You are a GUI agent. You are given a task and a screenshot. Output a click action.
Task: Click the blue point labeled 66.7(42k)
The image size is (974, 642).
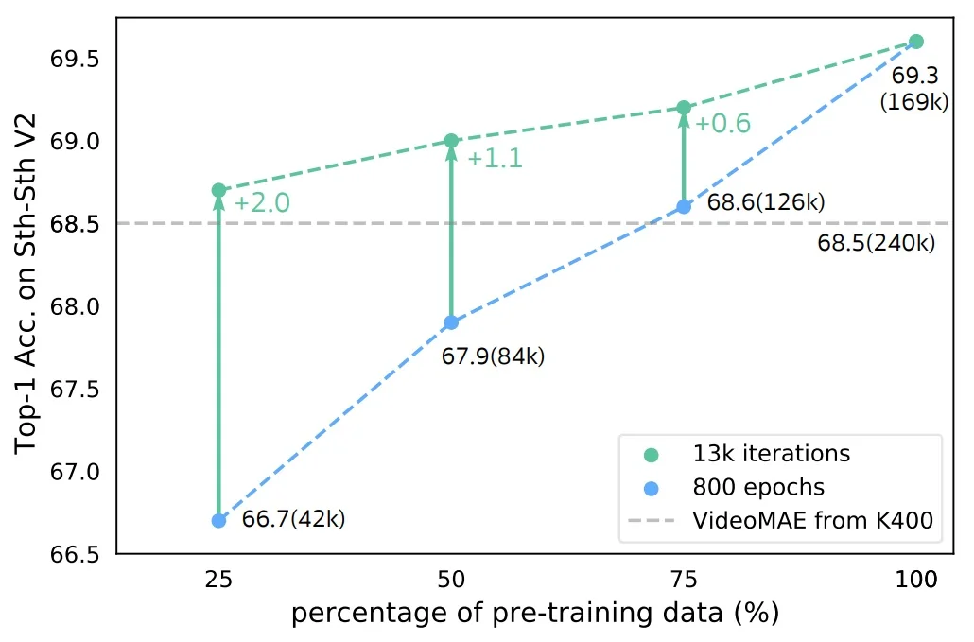[218, 520]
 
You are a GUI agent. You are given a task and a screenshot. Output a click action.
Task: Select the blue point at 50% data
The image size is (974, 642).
[451, 322]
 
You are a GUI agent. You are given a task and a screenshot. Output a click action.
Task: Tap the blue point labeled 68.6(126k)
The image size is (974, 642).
[684, 206]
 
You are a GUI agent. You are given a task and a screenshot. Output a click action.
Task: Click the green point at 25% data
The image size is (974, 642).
[218, 190]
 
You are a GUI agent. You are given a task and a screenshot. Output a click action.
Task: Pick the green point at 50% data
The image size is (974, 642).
[451, 141]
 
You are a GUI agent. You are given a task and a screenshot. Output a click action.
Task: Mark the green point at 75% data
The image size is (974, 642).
[684, 108]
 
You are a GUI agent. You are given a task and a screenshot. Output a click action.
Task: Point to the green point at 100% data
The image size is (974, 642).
[915, 42]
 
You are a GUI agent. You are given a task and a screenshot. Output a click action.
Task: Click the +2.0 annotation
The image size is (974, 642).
[262, 203]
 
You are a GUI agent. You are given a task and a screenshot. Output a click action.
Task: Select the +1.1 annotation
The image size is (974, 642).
[495, 159]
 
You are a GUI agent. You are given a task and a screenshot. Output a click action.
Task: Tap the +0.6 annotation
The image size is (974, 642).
[723, 124]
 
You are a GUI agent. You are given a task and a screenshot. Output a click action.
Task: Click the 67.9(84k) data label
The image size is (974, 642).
[494, 356]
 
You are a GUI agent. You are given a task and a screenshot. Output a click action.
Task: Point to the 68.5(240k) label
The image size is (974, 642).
[877, 243]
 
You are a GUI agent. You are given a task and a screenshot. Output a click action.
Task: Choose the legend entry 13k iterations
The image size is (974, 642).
[771, 454]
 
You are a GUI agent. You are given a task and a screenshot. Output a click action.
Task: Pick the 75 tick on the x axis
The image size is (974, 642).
[684, 580]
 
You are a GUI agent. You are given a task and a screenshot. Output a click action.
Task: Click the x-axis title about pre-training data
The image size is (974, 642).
[535, 614]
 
